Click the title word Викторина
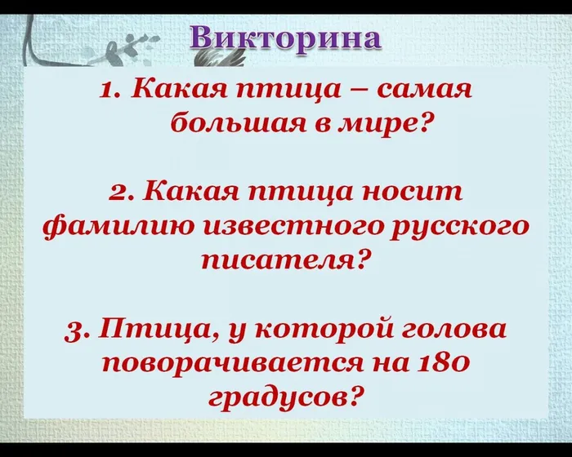tap(286, 38)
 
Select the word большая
tap(224, 125)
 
